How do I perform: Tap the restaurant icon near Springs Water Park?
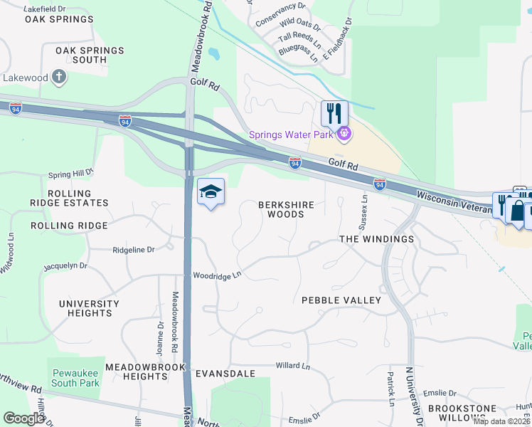(333, 113)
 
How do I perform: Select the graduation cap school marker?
(211, 191)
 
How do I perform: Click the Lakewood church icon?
(60, 77)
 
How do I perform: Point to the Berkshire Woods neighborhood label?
(286, 209)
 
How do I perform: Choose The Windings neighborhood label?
(376, 239)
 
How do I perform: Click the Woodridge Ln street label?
(218, 275)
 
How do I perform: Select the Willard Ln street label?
(293, 366)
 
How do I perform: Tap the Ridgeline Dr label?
(134, 250)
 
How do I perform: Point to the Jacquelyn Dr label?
(65, 265)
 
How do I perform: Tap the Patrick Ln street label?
(391, 388)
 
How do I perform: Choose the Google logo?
(23, 418)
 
